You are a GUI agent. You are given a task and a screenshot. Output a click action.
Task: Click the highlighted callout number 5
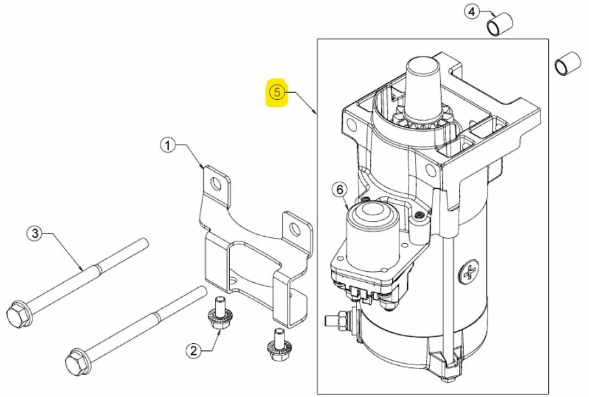(x=277, y=92)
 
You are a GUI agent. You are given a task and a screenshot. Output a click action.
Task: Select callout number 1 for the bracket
(x=168, y=145)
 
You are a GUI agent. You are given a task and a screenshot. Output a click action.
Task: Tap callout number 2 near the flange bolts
(x=193, y=351)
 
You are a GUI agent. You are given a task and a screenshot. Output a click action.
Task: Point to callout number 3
(x=34, y=234)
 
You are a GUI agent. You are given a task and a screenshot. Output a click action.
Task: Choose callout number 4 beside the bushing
(x=472, y=12)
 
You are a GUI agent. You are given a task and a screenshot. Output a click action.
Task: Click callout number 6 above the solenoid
(x=340, y=189)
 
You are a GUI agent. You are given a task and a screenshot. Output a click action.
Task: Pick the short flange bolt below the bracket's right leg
(x=277, y=344)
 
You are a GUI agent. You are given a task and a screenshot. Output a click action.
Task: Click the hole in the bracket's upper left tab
(x=216, y=184)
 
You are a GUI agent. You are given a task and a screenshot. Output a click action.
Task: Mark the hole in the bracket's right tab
(x=295, y=228)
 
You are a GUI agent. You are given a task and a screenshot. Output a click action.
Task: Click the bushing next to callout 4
(x=499, y=25)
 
